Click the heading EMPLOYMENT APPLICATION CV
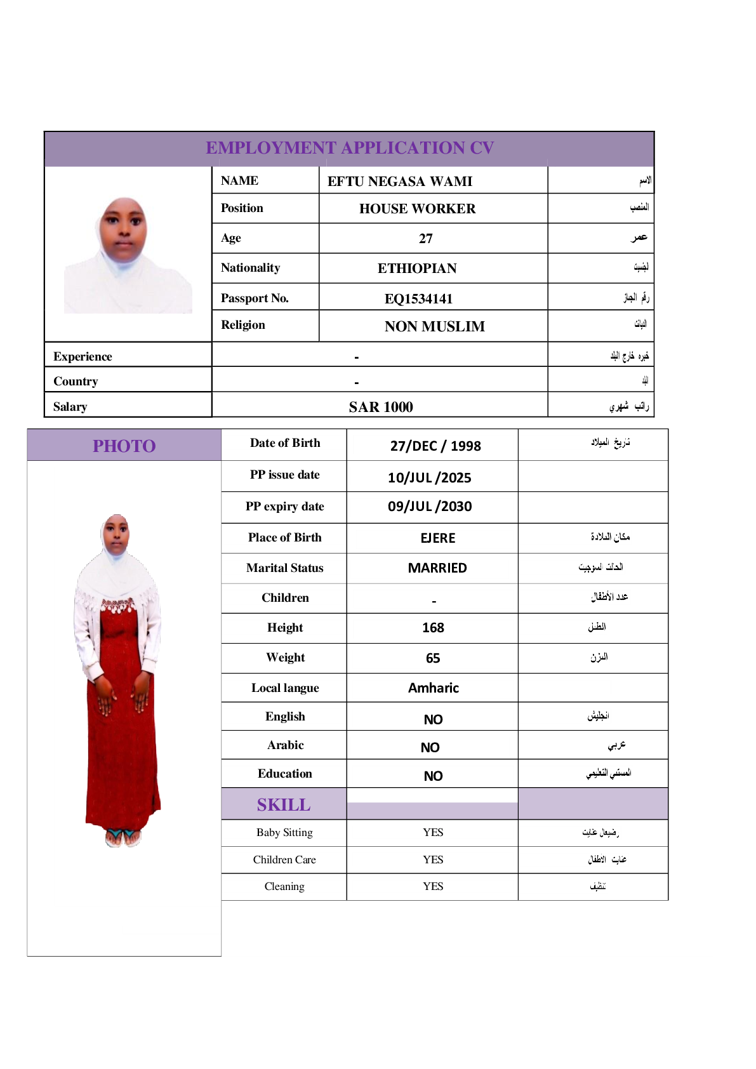(350, 148)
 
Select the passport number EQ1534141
(418, 298)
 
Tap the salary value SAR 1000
(381, 407)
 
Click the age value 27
(426, 239)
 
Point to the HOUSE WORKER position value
(417, 209)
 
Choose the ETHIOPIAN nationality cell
(417, 269)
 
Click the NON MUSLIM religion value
(434, 326)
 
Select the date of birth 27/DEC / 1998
(435, 446)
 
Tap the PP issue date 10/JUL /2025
(430, 477)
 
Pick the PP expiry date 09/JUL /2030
(430, 507)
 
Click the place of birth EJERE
(438, 538)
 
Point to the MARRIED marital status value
(437, 568)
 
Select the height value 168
(433, 628)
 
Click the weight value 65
(433, 658)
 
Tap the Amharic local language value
(434, 688)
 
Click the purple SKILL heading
(284, 805)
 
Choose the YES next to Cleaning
(433, 886)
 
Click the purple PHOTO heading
(124, 446)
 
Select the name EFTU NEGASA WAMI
(400, 182)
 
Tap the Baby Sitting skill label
(284, 832)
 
